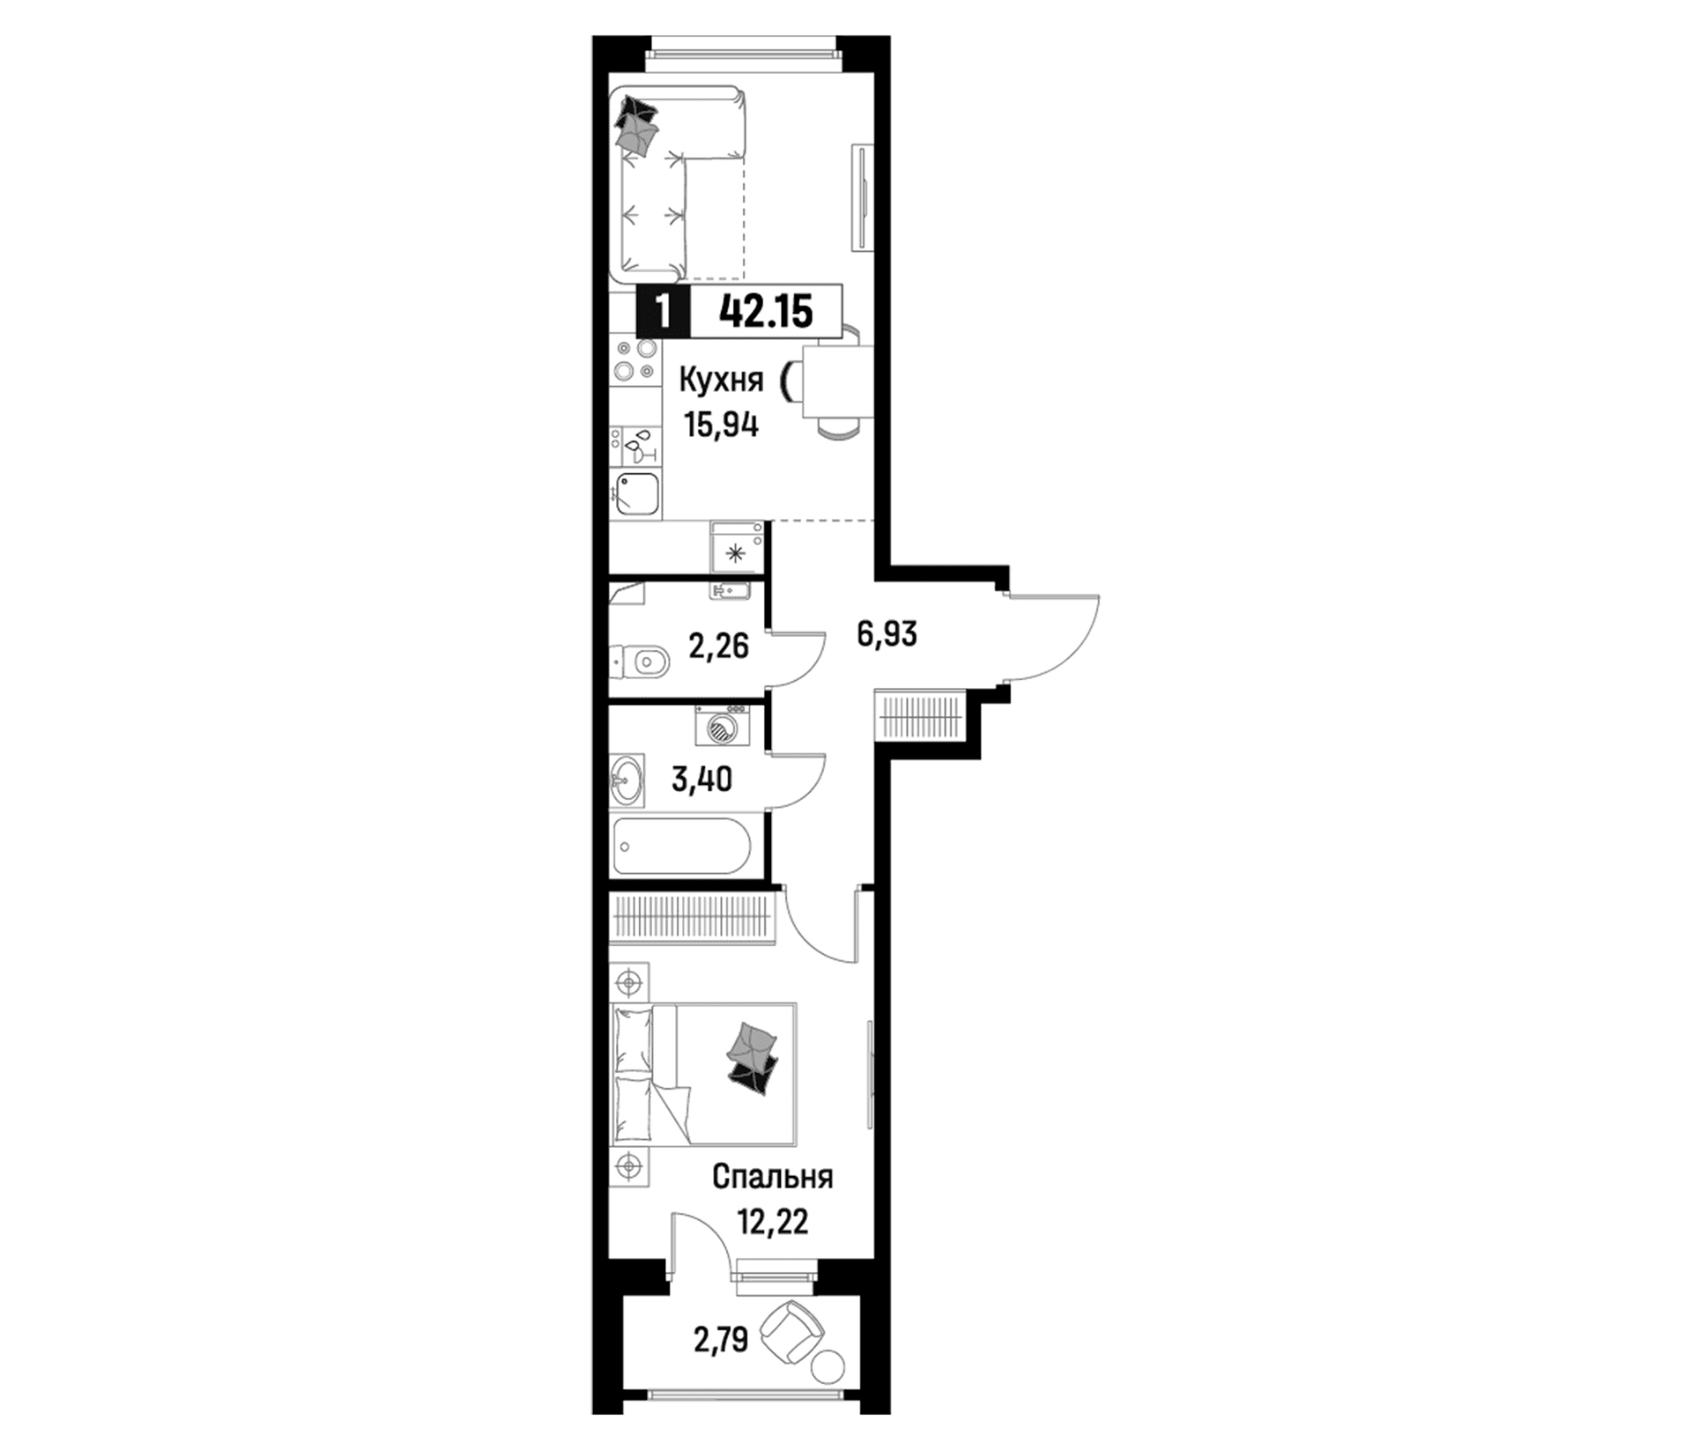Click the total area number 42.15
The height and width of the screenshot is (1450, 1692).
(x=766, y=312)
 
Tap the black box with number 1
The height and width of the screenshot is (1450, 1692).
(x=664, y=311)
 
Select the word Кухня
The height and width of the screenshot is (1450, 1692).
(x=720, y=381)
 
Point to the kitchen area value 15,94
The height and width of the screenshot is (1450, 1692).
(x=722, y=425)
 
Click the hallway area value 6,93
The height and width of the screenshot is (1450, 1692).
(x=887, y=633)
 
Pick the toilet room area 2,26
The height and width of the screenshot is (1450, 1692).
(x=719, y=647)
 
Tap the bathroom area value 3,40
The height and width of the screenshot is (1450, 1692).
(x=701, y=780)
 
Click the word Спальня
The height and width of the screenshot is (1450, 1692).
(x=772, y=1177)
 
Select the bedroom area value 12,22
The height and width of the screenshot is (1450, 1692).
(x=772, y=1222)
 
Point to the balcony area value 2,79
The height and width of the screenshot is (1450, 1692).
(x=721, y=1340)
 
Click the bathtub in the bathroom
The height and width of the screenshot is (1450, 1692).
(x=682, y=847)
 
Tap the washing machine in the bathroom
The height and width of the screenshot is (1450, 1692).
(x=722, y=726)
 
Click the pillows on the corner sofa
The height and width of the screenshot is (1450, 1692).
(x=635, y=126)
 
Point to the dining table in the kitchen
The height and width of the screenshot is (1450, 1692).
(x=837, y=381)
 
